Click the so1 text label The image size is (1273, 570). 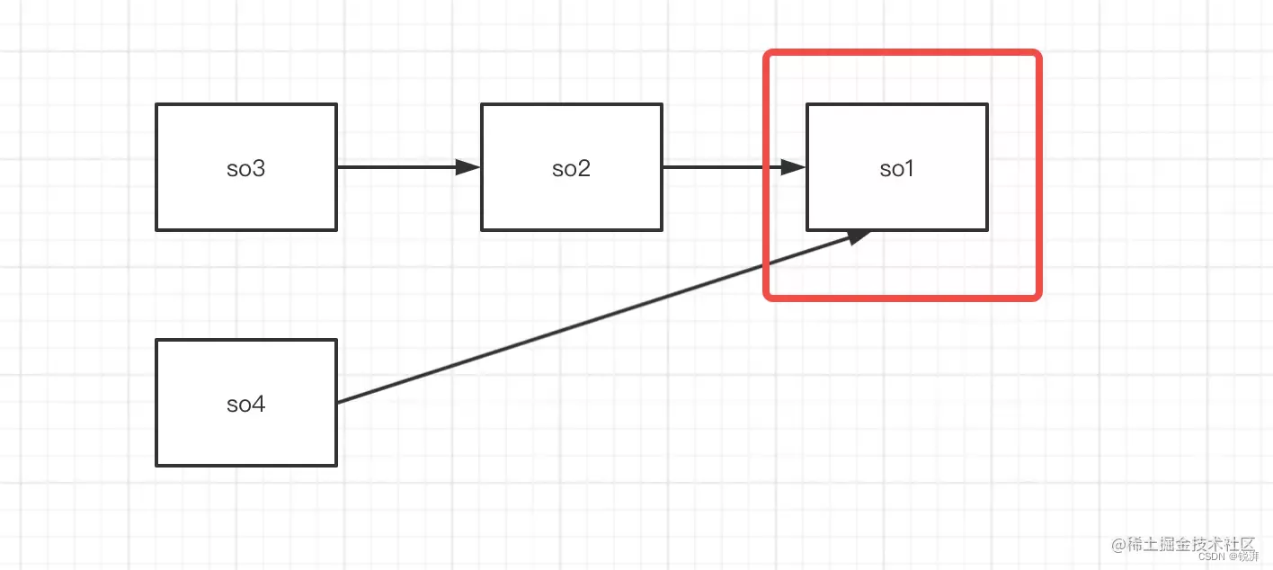coord(896,169)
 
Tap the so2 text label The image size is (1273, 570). coord(571,169)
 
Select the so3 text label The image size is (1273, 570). coord(245,169)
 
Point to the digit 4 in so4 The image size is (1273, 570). coord(260,405)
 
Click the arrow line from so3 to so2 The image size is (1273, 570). coord(396,167)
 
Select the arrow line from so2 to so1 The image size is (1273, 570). coord(719,167)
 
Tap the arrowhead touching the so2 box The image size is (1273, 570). coord(468,167)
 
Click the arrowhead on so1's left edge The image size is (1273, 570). coord(793,167)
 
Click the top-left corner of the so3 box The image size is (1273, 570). coord(156,104)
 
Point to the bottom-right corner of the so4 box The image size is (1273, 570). coord(336,465)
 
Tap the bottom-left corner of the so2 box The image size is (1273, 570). coord(482,229)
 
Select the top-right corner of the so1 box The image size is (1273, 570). coord(987,104)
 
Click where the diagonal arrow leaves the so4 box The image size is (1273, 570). coord(338,402)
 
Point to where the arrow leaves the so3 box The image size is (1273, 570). coord(338,167)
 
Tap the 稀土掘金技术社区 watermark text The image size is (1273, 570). coord(1183,544)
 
